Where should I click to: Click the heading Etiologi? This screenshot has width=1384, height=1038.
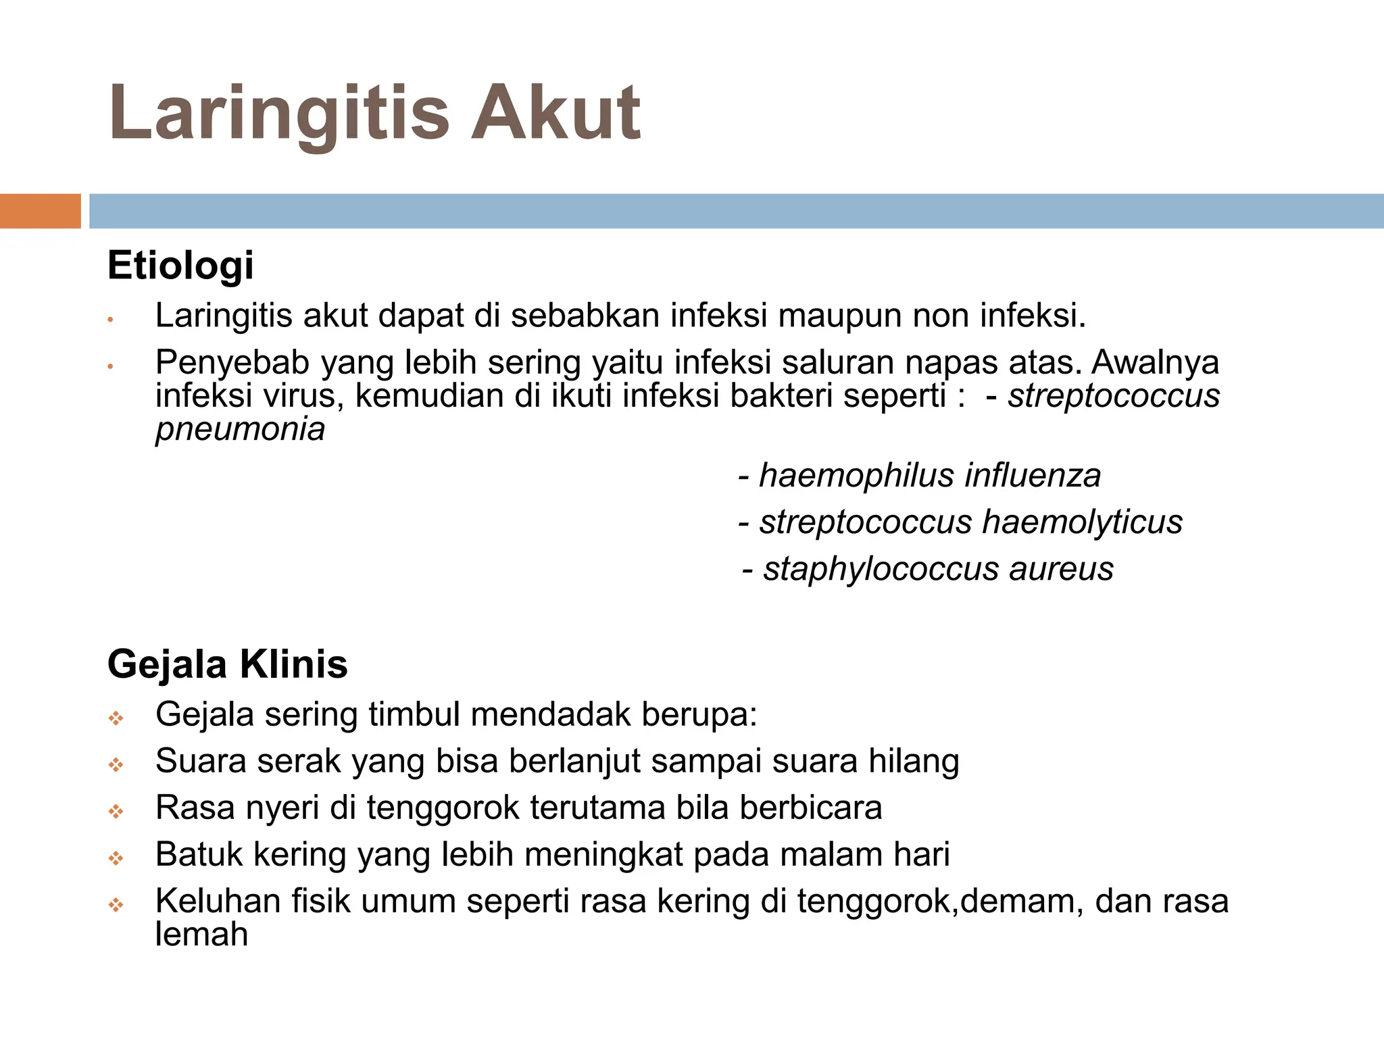180,265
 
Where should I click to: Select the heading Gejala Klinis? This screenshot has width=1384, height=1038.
227,664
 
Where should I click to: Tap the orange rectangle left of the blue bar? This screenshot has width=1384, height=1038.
40,211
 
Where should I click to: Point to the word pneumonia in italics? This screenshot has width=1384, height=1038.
240,429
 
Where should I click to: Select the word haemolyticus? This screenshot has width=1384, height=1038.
1082,522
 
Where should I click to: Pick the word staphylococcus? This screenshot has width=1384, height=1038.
881,569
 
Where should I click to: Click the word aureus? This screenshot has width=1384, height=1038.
1061,569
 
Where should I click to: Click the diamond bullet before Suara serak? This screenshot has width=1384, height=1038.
116,765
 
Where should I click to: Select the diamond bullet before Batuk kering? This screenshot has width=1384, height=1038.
116,858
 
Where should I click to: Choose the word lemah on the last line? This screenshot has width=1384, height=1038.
201,935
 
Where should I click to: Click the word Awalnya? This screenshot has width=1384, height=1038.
1155,362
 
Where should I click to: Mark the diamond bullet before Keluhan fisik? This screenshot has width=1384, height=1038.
116,905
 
